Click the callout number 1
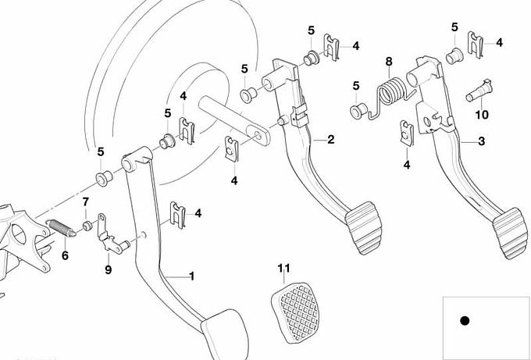(192, 276)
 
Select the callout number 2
(331, 140)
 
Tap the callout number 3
(482, 141)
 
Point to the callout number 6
(65, 255)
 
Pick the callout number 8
(389, 61)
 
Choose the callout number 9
(109, 270)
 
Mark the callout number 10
(482, 115)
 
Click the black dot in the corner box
(465, 320)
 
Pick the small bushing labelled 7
(88, 226)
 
